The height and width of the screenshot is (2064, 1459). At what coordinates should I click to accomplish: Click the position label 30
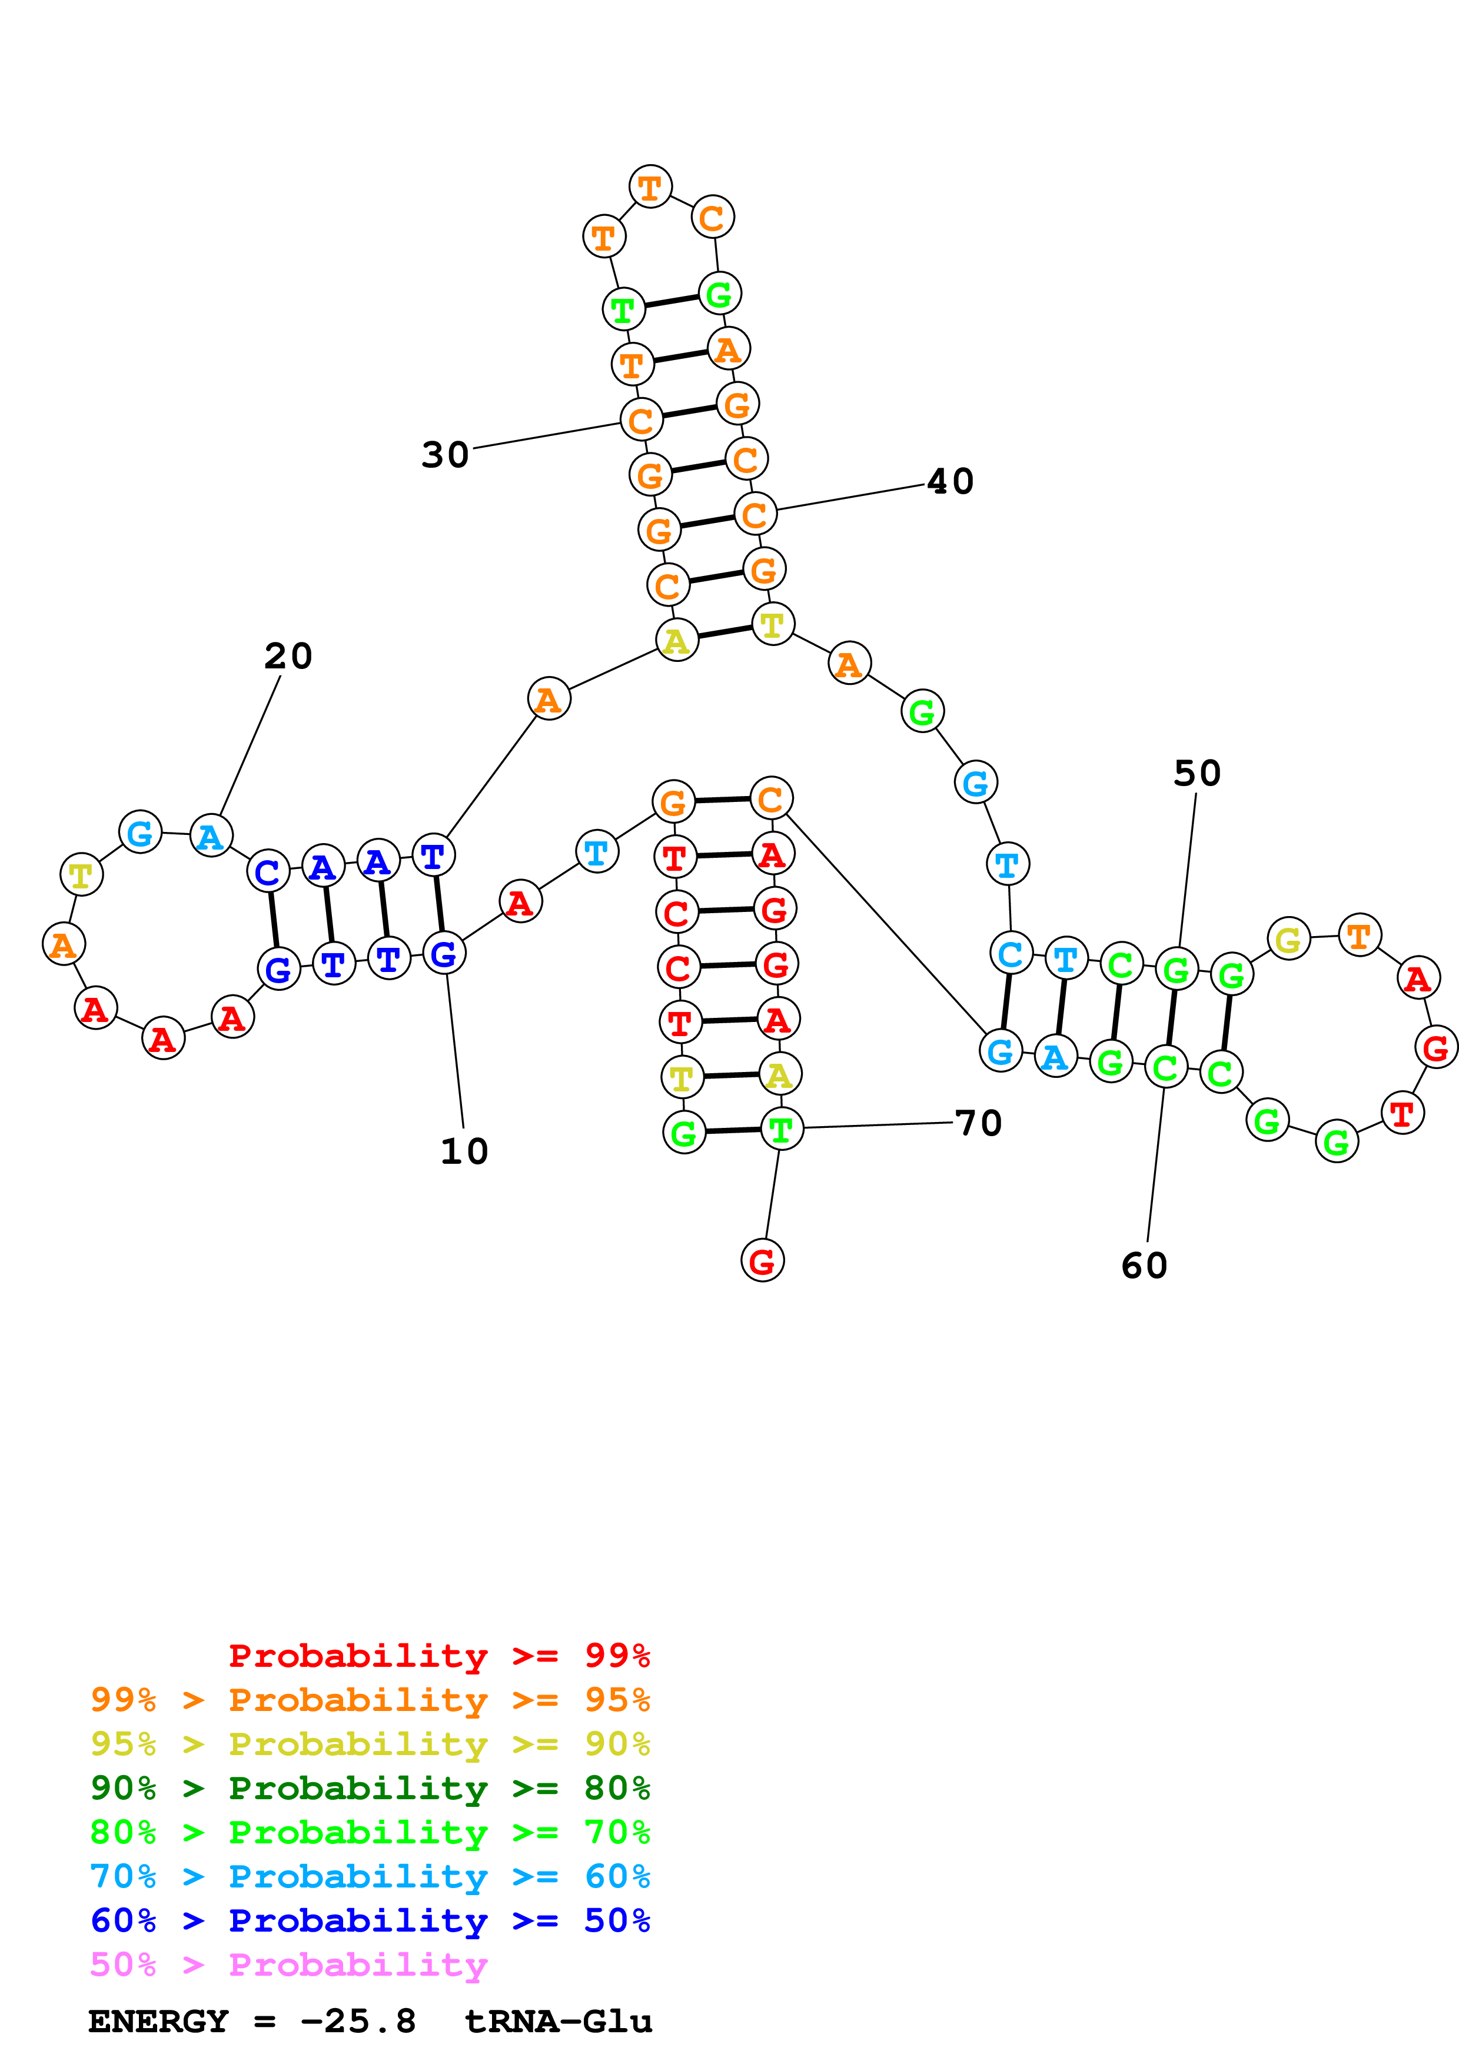click(x=445, y=455)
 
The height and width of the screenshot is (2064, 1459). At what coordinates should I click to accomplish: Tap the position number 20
click(x=288, y=655)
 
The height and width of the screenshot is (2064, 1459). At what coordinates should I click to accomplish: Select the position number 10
click(x=464, y=1151)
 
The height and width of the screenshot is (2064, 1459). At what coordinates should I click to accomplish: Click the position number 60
click(x=1144, y=1266)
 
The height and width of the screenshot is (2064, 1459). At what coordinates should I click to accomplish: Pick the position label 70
click(x=978, y=1123)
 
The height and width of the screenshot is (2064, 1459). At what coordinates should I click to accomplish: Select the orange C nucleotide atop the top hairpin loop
click(x=712, y=218)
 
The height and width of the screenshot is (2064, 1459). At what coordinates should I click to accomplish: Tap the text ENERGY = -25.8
click(x=252, y=2021)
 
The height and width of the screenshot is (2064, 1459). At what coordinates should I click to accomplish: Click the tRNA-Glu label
click(x=559, y=2021)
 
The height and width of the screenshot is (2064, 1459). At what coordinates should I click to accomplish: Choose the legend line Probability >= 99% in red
click(x=438, y=1655)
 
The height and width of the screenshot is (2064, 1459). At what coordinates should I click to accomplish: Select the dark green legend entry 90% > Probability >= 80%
click(x=370, y=1788)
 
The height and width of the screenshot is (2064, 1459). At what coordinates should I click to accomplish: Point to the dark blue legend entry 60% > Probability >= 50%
click(x=370, y=1920)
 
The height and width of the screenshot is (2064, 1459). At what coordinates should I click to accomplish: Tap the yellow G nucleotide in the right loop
click(x=1288, y=940)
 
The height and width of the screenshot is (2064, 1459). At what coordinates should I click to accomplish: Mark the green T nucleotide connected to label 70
click(x=781, y=1129)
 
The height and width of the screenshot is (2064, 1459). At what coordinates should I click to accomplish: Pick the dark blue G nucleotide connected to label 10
click(x=444, y=953)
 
